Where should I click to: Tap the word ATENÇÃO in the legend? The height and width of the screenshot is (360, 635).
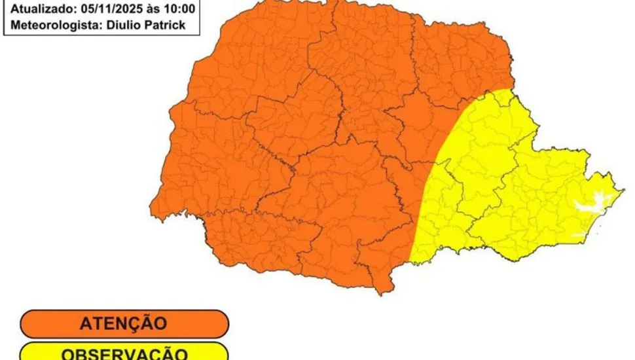click(123, 323)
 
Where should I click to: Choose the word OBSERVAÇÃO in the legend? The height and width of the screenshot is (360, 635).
click(123, 353)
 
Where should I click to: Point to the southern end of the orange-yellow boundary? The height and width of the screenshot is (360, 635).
click(409, 261)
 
